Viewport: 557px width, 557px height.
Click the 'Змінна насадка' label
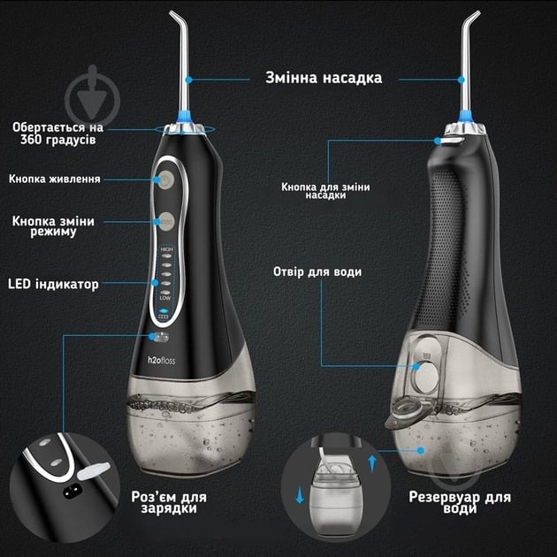[324, 78]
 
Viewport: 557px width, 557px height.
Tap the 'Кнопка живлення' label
[54, 179]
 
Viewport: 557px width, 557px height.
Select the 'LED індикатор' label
[53, 284]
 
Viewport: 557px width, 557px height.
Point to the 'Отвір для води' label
[317, 271]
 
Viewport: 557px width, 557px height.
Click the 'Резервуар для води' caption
[460, 503]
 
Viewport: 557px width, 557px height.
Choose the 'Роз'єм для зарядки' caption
[169, 502]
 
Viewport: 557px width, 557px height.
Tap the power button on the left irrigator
[166, 180]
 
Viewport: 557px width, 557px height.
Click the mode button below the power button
[166, 222]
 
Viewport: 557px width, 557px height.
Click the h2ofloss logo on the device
[162, 360]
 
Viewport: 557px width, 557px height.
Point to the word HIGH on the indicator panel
[166, 249]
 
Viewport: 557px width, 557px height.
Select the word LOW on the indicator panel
[165, 298]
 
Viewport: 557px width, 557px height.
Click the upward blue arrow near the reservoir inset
[372, 463]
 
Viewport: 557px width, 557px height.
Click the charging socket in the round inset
[72, 492]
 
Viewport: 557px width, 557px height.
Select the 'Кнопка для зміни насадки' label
[325, 191]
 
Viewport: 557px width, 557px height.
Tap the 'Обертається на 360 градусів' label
[57, 134]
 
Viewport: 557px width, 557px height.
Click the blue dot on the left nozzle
[188, 80]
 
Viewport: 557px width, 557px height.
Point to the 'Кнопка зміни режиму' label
[53, 226]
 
